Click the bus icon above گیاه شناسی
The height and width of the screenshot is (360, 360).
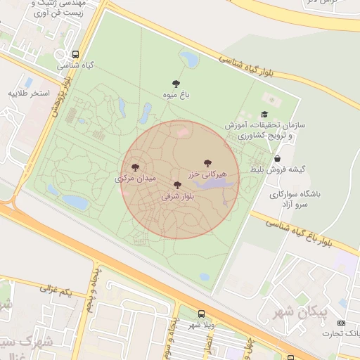pos(75,54)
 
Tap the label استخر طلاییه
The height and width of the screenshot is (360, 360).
pos(30,92)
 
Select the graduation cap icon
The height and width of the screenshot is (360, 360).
pos(264,115)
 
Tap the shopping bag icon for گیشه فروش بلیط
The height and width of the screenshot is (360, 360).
pos(278,159)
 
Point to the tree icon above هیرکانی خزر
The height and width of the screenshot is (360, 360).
pos(207,163)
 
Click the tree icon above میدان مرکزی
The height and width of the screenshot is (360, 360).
pos(135,167)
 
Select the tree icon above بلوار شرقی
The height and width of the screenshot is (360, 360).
pos(177,186)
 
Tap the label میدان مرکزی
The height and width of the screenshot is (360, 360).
pos(134,179)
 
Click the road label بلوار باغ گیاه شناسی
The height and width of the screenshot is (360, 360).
pos(309,233)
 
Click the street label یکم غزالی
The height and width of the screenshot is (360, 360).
pos(56,289)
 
